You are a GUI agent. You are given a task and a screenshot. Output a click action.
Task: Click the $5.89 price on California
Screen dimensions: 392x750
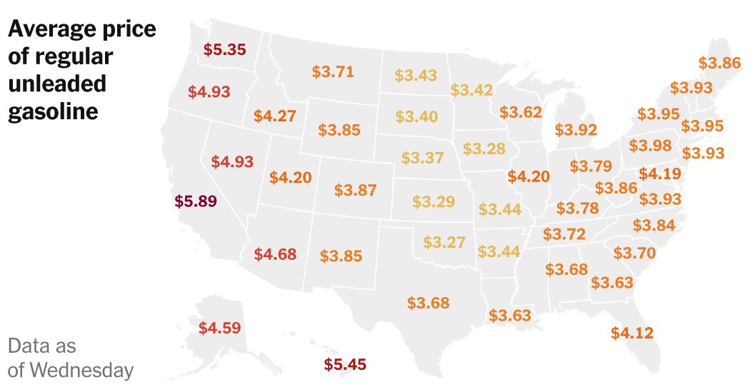[195, 201]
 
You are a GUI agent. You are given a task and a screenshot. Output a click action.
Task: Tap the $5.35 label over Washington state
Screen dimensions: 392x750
[224, 50]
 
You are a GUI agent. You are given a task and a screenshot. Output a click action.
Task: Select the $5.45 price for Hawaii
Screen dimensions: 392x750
[345, 365]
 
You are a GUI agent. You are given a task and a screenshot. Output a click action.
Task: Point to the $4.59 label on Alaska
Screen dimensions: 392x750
[219, 328]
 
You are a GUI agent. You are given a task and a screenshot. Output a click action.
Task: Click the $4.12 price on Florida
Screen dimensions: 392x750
[632, 332]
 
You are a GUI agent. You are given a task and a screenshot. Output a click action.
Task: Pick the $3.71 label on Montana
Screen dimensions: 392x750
[333, 71]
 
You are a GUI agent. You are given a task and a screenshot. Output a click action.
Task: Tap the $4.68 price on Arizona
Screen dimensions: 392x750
[276, 253]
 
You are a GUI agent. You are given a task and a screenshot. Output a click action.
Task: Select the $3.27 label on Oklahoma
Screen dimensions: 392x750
[444, 242]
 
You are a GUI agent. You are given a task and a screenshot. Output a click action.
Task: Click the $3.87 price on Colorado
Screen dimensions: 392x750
[355, 191]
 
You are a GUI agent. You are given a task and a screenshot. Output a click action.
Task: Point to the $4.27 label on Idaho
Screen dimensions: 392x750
[274, 115]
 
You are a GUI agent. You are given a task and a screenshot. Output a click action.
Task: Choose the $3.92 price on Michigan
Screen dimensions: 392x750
[575, 130]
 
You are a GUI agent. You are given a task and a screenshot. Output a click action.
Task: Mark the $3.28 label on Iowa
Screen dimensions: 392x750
[484, 149]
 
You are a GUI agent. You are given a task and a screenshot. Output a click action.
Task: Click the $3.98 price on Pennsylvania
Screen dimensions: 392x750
[650, 146]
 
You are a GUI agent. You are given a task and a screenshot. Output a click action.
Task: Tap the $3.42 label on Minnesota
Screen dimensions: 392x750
[471, 90]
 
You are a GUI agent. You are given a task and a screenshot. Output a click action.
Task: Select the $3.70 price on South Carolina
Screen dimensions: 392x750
[634, 253]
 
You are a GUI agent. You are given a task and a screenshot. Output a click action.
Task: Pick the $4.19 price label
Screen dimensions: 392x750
[659, 174]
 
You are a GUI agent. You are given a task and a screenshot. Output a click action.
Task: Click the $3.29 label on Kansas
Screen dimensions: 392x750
[434, 201]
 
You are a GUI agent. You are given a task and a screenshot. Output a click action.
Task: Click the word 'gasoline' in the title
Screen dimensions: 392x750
[53, 111]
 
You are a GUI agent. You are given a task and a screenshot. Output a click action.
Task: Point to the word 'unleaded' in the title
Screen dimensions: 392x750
[57, 84]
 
